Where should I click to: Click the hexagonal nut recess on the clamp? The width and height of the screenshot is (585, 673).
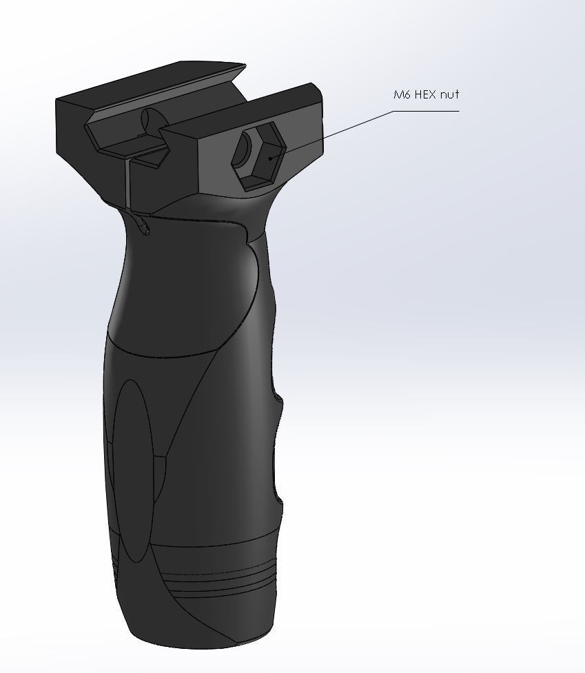click(x=258, y=156)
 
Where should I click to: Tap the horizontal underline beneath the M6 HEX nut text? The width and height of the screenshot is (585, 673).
click(x=427, y=111)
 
